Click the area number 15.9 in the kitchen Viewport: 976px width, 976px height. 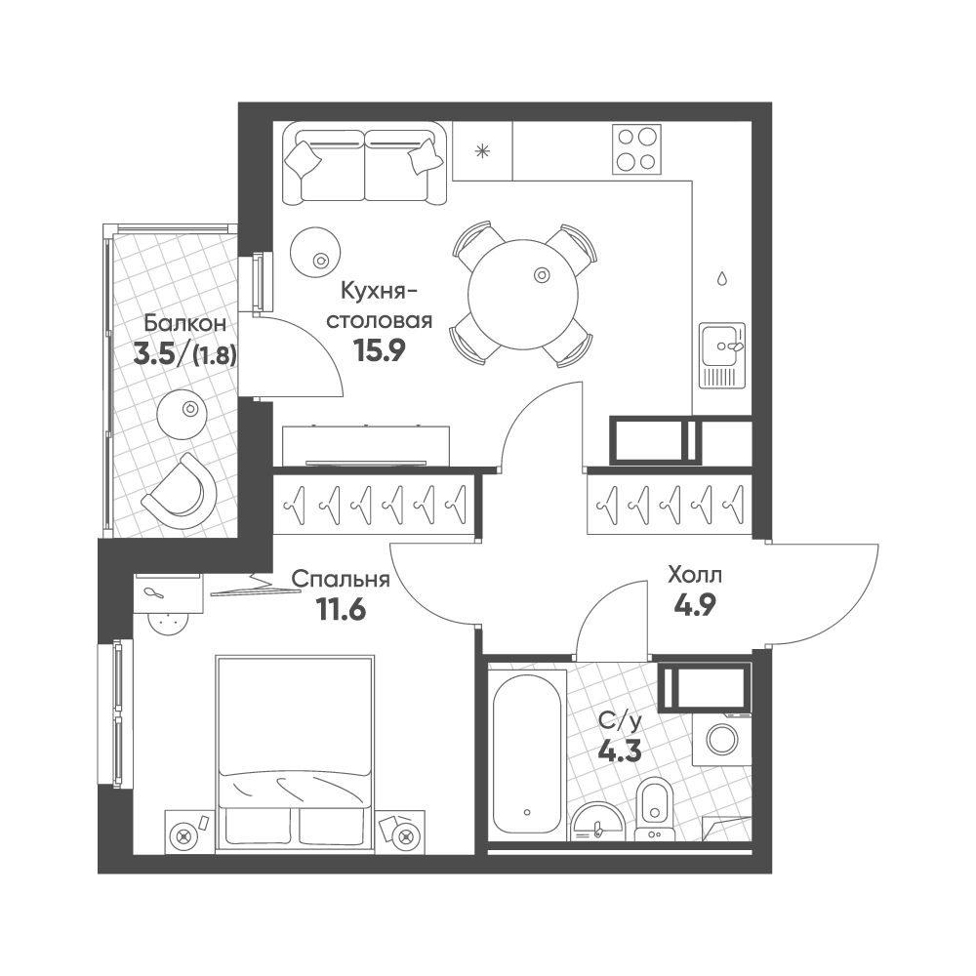click(x=379, y=351)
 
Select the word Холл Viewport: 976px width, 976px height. click(x=695, y=575)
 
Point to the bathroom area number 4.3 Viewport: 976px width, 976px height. click(x=620, y=752)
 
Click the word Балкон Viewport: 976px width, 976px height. click(x=184, y=324)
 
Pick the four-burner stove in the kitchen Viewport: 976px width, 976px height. click(x=636, y=149)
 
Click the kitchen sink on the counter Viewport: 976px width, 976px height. click(x=722, y=355)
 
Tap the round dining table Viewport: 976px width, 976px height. click(x=525, y=295)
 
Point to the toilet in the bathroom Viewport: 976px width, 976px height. click(x=654, y=810)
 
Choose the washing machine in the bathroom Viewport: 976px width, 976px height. click(x=722, y=740)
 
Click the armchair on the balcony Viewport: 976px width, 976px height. click(x=181, y=484)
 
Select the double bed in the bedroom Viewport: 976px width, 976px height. click(x=295, y=751)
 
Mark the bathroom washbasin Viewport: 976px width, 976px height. click(x=597, y=822)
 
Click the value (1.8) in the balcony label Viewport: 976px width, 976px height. click(x=216, y=355)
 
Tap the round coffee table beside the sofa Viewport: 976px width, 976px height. click(x=315, y=253)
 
